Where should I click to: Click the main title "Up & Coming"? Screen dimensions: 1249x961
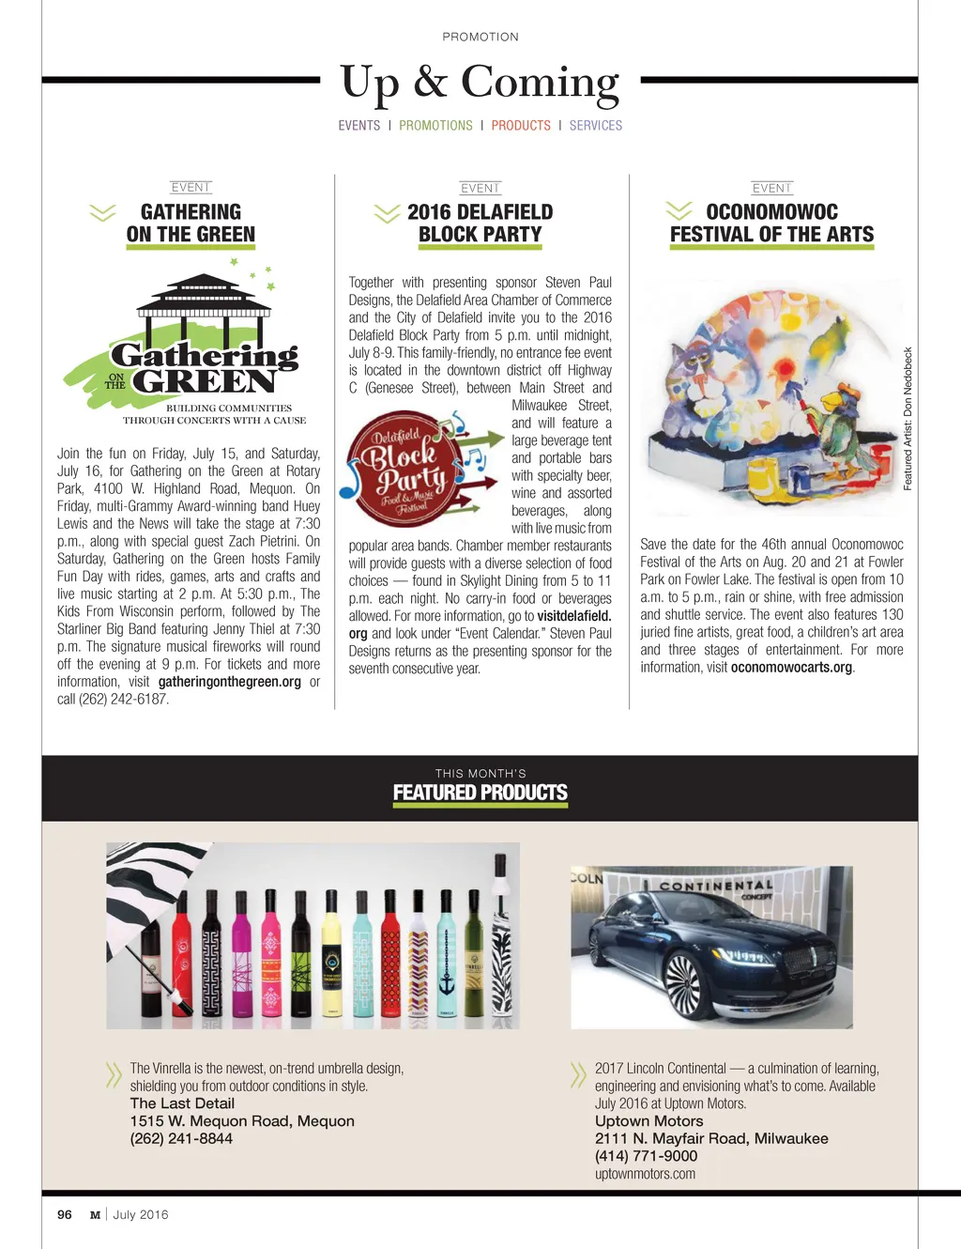click(x=480, y=83)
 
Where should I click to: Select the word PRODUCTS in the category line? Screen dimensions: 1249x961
click(x=521, y=125)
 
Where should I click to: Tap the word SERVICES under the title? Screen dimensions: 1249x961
click(x=595, y=125)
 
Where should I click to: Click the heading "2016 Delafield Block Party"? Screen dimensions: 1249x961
click(x=480, y=224)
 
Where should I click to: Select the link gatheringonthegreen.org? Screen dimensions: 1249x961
click(x=230, y=682)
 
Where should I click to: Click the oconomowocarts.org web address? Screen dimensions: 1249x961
click(x=791, y=668)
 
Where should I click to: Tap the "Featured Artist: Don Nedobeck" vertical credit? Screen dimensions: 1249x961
click(x=908, y=419)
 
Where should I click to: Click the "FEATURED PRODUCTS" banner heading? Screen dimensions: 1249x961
click(x=480, y=793)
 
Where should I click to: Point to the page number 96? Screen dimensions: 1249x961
click(x=65, y=1214)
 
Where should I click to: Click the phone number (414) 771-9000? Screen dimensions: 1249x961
click(x=646, y=1156)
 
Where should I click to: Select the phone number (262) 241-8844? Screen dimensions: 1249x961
click(x=181, y=1138)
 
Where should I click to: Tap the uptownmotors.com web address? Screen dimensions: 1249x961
click(x=645, y=1174)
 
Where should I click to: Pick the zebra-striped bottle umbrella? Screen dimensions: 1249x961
click(x=503, y=948)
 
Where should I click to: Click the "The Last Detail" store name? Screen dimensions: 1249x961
click(x=182, y=1103)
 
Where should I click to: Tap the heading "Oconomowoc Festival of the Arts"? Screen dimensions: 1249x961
click(x=771, y=224)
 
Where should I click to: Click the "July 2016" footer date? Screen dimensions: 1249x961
click(x=141, y=1214)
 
